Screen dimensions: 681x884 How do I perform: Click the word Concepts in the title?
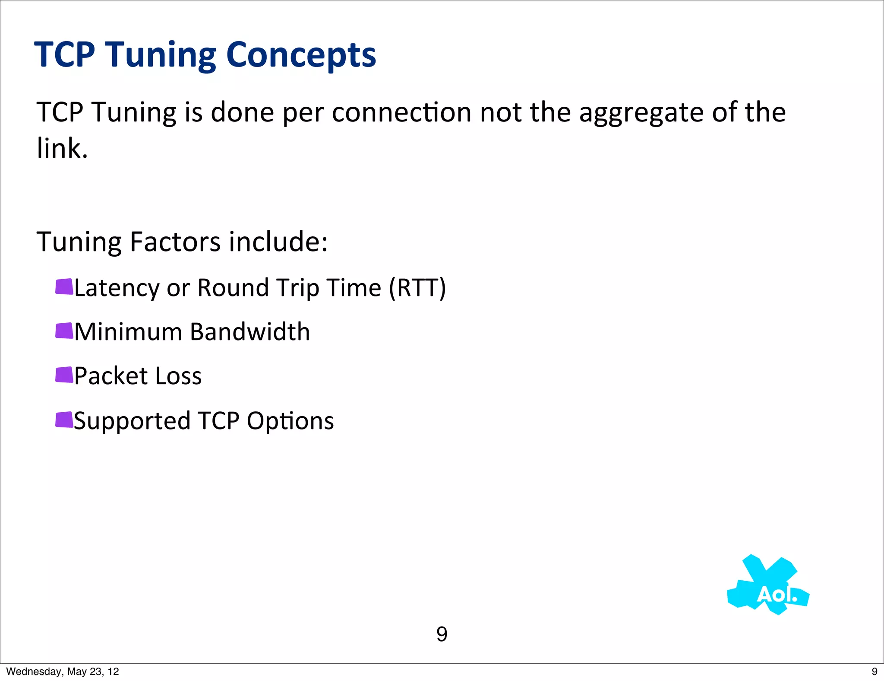click(x=301, y=55)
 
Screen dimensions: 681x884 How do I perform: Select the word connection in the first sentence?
click(x=401, y=112)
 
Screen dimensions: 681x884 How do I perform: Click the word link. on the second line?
click(x=62, y=149)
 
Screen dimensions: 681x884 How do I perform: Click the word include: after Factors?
click(x=278, y=242)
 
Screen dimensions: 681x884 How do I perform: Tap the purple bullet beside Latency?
click(x=64, y=287)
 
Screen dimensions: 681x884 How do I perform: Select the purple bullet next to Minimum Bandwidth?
click(x=64, y=331)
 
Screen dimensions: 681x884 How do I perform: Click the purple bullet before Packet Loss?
click(x=64, y=375)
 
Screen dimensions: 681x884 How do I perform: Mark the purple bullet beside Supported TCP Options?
click(x=64, y=420)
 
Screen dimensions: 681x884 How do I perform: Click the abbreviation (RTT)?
click(x=417, y=288)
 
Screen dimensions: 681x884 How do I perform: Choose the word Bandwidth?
click(x=250, y=332)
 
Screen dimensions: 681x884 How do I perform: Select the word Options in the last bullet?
click(x=290, y=421)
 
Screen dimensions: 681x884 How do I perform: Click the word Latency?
click(x=117, y=288)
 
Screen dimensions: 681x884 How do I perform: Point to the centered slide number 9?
click(x=442, y=634)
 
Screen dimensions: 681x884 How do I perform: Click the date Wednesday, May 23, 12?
click(x=63, y=671)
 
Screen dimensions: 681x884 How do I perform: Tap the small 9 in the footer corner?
click(x=875, y=671)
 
